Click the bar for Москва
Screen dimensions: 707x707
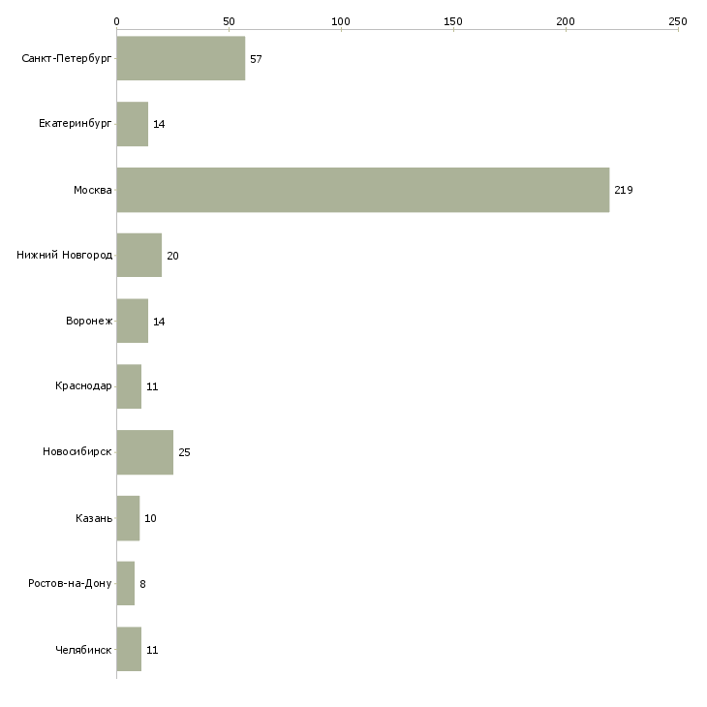[x=363, y=190]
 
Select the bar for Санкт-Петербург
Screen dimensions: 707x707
[x=181, y=58]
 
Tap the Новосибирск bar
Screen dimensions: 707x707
[x=144, y=452]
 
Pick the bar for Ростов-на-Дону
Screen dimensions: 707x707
[x=125, y=583]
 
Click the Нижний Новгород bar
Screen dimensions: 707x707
[x=138, y=256]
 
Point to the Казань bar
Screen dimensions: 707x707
[x=128, y=518]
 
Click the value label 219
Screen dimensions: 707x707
[x=624, y=190]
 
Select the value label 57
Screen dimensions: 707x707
[x=256, y=59]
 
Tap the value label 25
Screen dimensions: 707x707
[x=184, y=452]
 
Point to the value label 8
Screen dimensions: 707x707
[x=142, y=584]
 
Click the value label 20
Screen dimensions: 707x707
[x=172, y=256]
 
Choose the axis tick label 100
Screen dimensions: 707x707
[x=341, y=21]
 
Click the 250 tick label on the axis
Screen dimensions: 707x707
[x=678, y=21]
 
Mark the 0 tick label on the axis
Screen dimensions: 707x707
[x=117, y=21]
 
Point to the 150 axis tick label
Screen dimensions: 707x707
[x=453, y=21]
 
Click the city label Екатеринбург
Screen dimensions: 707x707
[x=75, y=124]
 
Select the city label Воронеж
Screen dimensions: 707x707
[x=89, y=321]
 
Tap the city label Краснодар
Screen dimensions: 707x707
[x=83, y=386]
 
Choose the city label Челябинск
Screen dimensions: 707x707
[x=83, y=650]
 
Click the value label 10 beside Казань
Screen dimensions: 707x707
[x=150, y=518]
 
